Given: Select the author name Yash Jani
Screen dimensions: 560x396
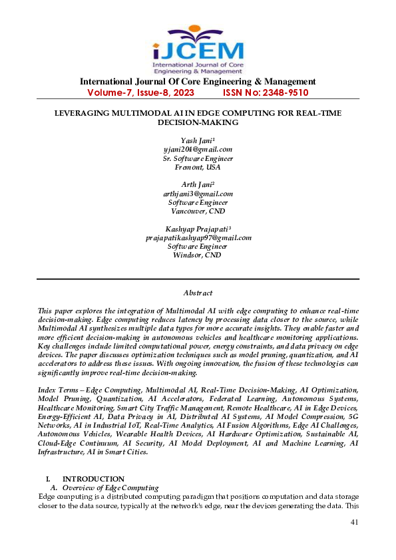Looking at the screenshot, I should pos(198,140).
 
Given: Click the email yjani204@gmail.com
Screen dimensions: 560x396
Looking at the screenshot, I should pos(198,149).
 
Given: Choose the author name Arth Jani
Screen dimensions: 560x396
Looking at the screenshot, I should pos(198,184).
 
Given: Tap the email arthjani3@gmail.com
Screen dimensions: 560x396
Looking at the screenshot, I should pos(198,194).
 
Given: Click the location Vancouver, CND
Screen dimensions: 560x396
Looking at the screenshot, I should pos(198,211).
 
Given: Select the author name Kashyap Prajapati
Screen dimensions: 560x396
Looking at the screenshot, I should pos(198,229).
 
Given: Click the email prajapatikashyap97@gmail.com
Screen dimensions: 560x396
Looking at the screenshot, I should pos(198,237).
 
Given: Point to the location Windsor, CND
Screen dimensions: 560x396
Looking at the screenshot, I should pos(198,255).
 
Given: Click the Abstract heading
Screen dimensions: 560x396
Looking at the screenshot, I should pos(198,293).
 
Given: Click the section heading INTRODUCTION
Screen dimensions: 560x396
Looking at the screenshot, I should pos(93,479).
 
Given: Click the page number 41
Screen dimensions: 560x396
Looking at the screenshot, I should pos(354,522).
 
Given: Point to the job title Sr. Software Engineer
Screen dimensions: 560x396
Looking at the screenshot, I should pos(198,158).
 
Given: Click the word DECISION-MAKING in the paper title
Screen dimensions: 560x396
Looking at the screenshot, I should pos(198,123).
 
